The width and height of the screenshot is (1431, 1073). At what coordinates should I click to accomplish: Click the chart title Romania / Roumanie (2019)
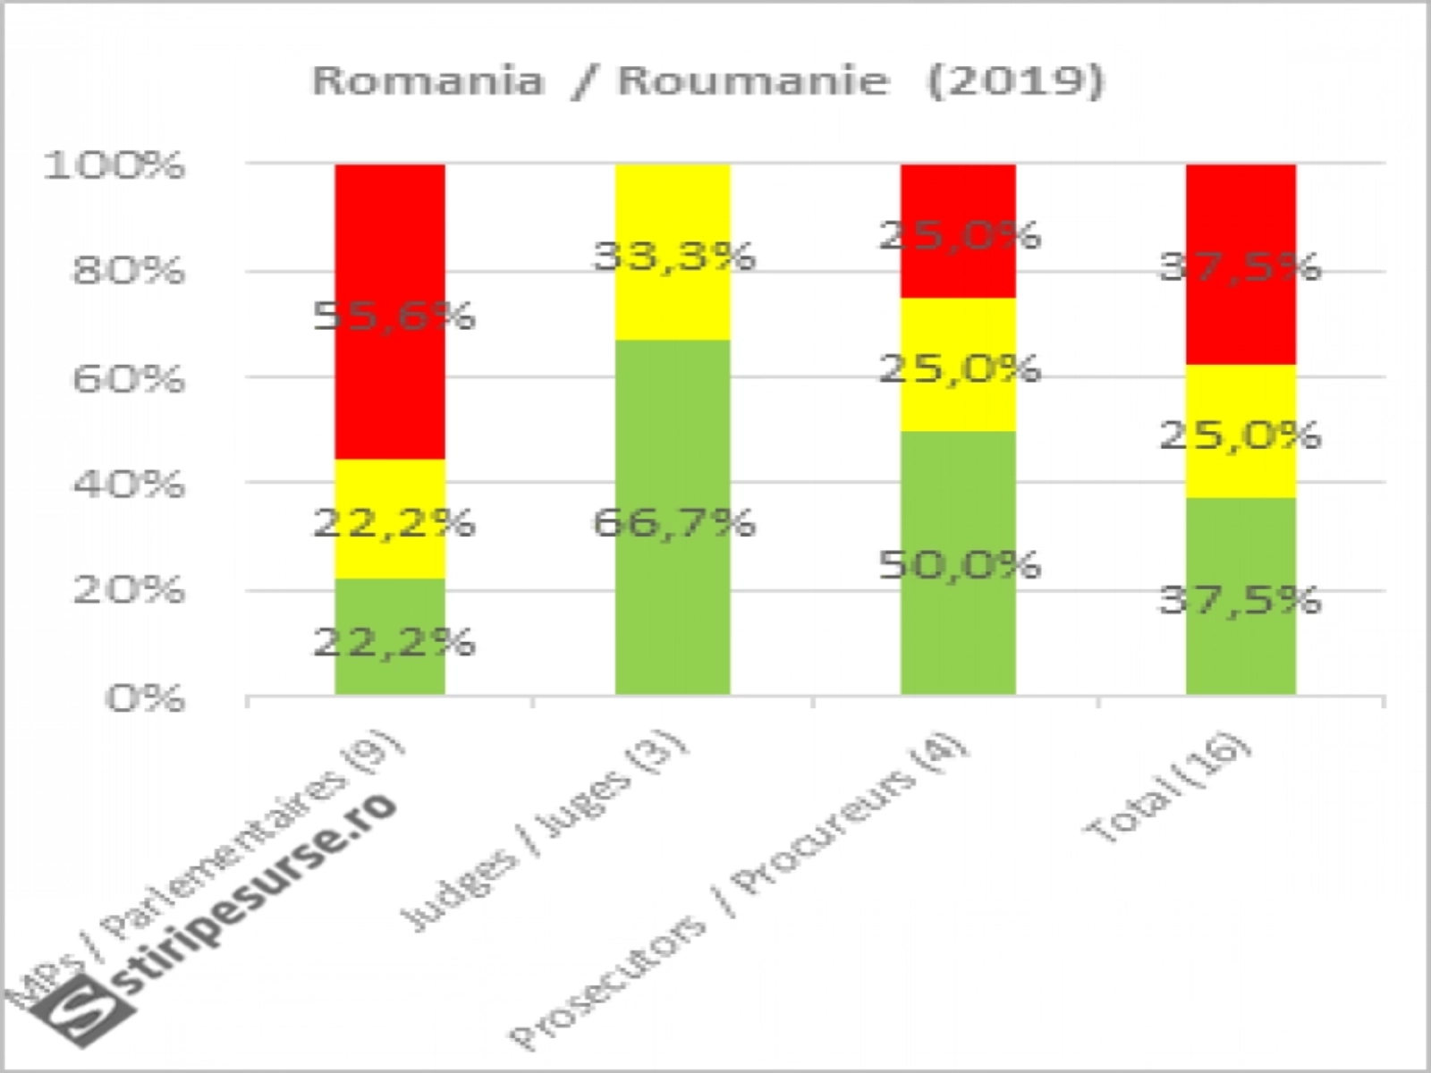click(x=707, y=80)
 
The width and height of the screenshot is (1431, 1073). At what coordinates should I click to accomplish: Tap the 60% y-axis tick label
click(x=128, y=378)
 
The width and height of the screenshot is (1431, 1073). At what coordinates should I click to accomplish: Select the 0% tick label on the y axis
click(x=146, y=697)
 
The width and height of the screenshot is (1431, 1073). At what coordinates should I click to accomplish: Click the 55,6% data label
click(x=394, y=316)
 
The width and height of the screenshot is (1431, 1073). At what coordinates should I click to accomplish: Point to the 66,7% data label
click(x=674, y=521)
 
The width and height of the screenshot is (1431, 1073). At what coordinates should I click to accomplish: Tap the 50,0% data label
click(x=960, y=564)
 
